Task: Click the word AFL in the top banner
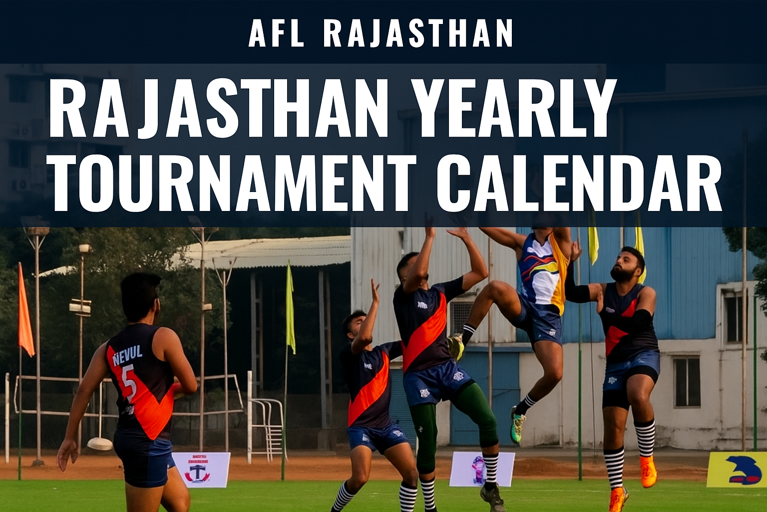(276, 33)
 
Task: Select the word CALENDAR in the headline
(579, 182)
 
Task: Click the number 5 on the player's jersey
(128, 382)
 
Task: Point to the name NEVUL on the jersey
(127, 355)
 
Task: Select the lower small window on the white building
(687, 382)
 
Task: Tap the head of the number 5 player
(139, 295)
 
